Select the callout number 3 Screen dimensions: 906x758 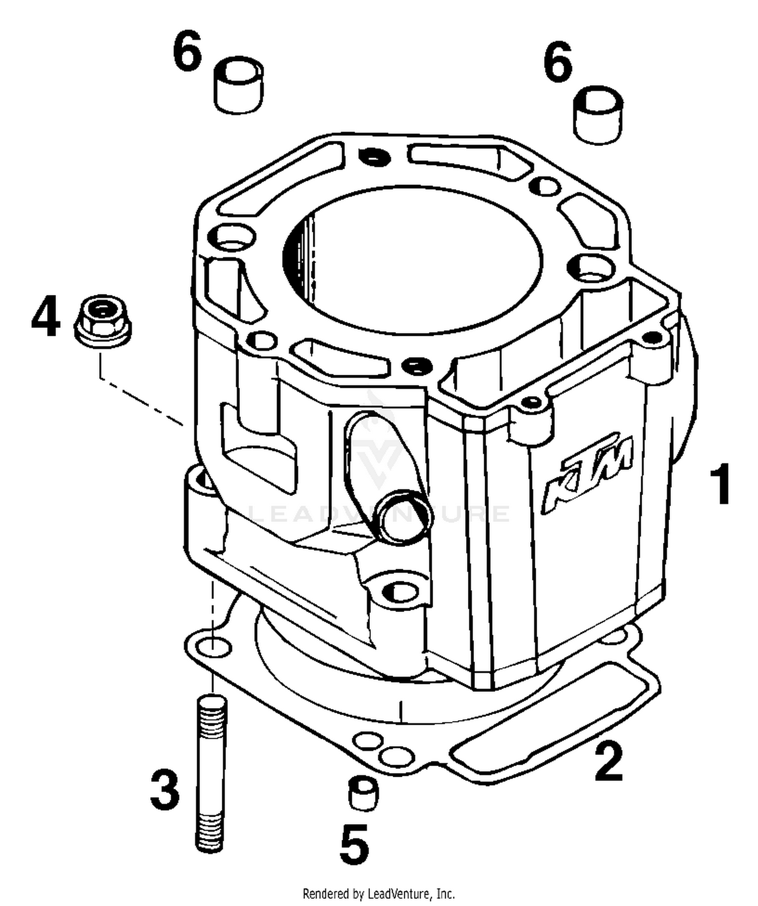165,789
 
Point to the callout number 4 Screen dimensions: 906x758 45,317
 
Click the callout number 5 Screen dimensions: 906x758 354,842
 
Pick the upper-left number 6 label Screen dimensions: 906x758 187,51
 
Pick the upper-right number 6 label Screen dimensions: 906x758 557,63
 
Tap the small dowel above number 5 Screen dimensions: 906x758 363,794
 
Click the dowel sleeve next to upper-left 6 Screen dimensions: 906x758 239,84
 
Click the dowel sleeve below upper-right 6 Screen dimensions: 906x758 598,115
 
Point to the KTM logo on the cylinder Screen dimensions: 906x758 588,472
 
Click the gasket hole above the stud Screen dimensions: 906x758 213,646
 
